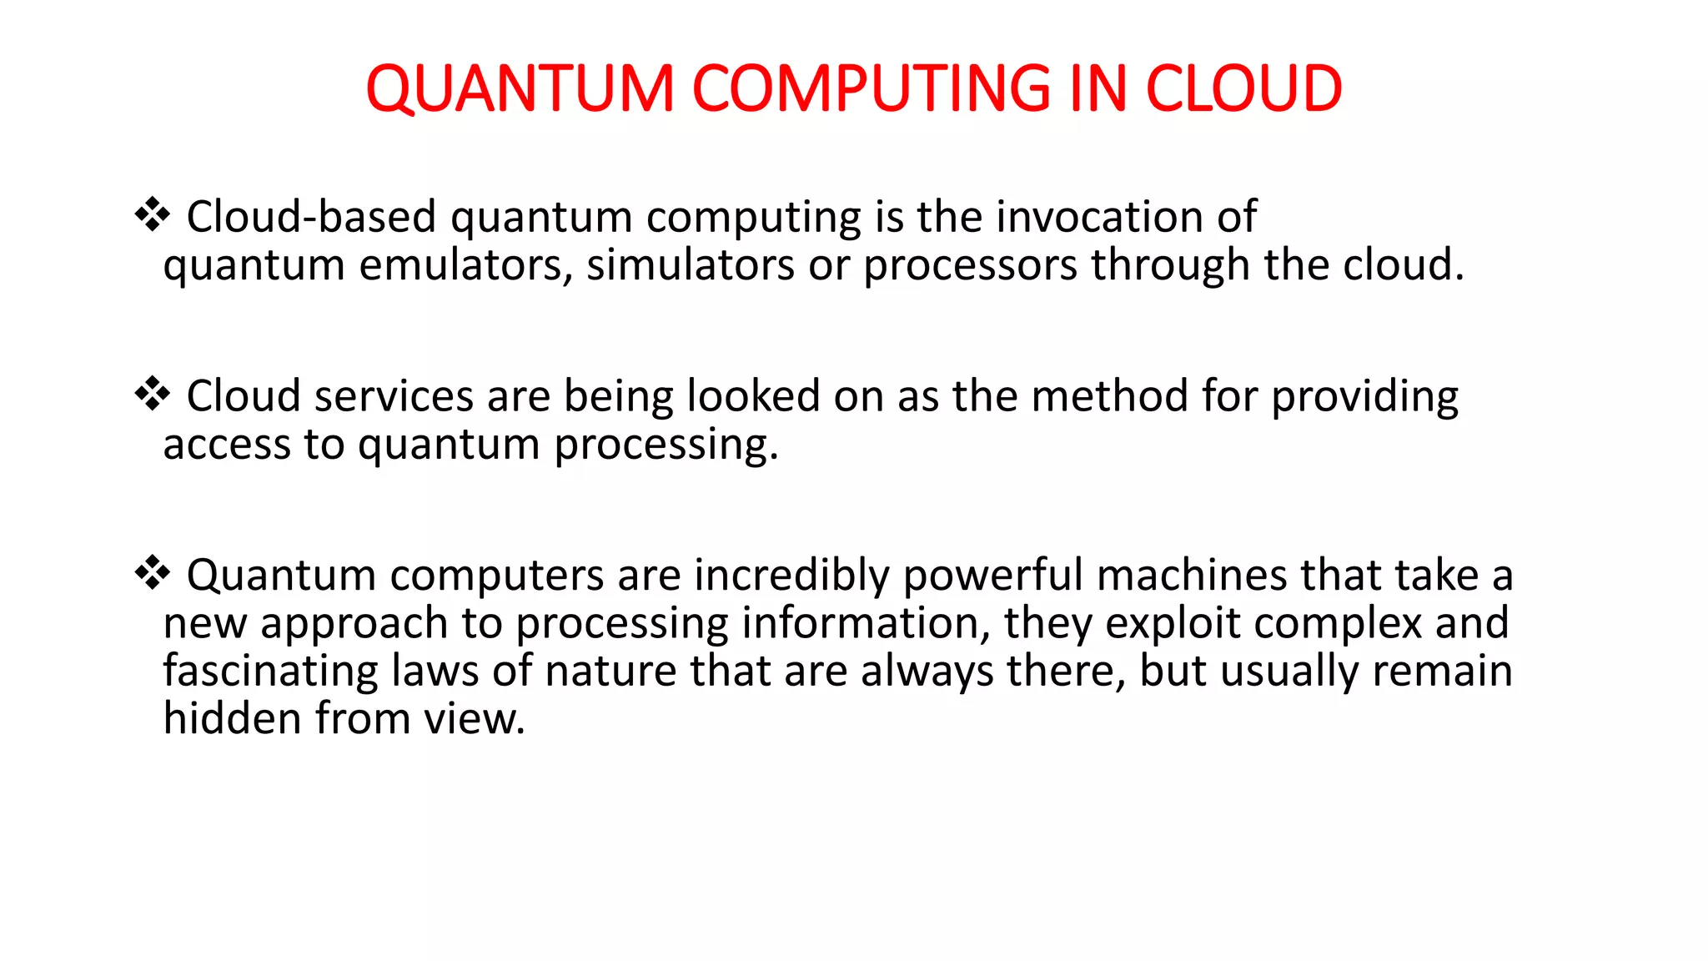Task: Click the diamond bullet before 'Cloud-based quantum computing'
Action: [x=153, y=214]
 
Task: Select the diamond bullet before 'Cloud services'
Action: [x=153, y=394]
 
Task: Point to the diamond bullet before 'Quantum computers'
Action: [x=153, y=573]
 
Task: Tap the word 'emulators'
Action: [x=466, y=265]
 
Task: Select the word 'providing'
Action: [x=1364, y=398]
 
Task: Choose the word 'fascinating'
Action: [x=270, y=672]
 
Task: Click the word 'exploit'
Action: [x=1172, y=625]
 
